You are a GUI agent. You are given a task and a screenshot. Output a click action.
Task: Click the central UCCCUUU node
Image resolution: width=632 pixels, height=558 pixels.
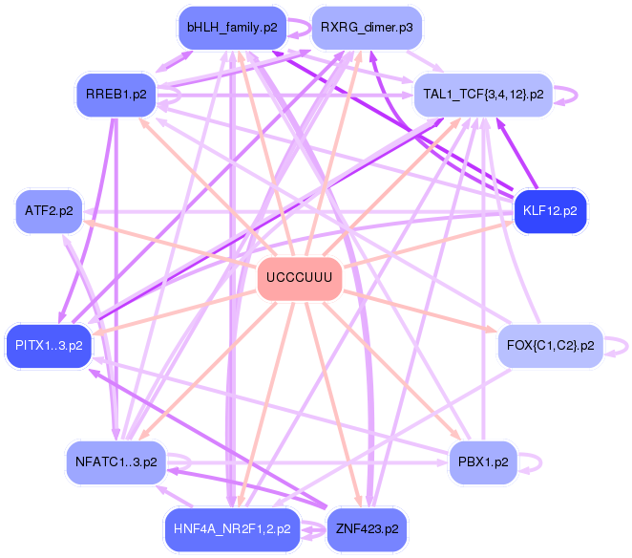pyautogui.click(x=299, y=278)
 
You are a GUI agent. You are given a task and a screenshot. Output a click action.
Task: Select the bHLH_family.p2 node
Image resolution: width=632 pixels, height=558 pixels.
pyautogui.click(x=233, y=28)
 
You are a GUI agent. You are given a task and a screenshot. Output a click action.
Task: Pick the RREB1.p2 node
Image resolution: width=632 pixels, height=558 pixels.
pyautogui.click(x=116, y=96)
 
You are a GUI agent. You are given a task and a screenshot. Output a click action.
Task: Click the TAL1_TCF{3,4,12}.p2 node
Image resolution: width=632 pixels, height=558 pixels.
pyautogui.click(x=483, y=96)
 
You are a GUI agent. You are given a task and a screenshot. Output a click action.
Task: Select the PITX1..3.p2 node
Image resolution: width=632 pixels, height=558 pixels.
pyautogui.click(x=49, y=345)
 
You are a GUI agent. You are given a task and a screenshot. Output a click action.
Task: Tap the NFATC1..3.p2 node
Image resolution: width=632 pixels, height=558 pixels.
pyautogui.click(x=116, y=461)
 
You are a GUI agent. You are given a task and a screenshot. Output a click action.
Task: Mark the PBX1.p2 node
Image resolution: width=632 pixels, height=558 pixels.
pyautogui.click(x=482, y=461)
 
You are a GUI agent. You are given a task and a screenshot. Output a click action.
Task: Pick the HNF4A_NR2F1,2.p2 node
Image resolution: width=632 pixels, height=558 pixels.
pyautogui.click(x=233, y=527)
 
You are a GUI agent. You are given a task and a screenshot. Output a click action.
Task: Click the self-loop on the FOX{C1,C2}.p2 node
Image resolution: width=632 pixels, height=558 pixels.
pyautogui.click(x=622, y=345)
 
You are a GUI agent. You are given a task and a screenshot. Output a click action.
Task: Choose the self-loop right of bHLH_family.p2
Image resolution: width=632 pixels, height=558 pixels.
pyautogui.click(x=304, y=28)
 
